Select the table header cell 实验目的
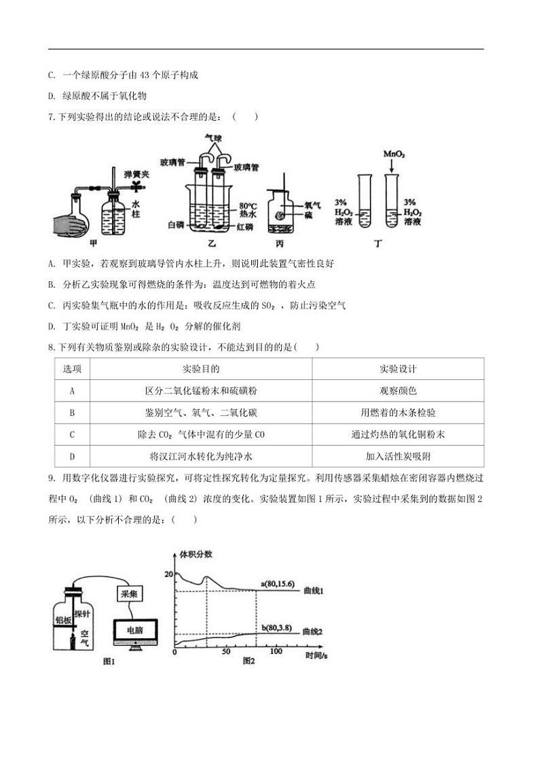point(201,369)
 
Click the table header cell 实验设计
point(398,369)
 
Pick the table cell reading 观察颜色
point(398,391)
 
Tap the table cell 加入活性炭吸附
point(398,456)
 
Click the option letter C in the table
point(72,434)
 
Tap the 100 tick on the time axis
point(276,651)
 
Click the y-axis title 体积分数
point(196,554)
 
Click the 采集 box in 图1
point(129,593)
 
